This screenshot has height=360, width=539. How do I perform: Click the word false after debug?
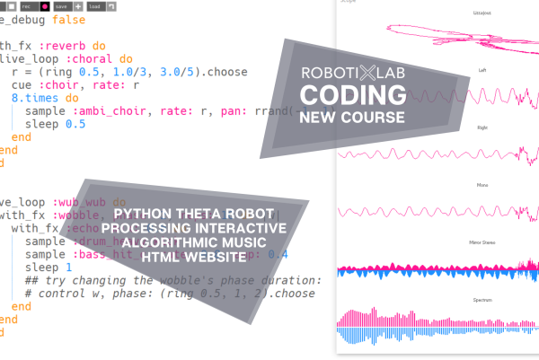[x=71, y=19]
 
